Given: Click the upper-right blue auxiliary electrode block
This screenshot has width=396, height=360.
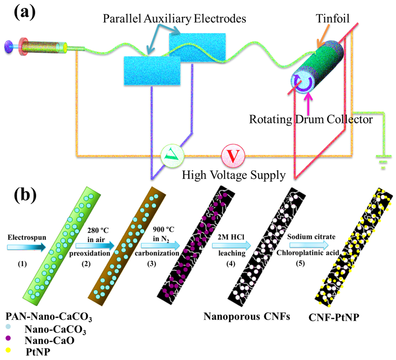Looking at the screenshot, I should coord(198,47).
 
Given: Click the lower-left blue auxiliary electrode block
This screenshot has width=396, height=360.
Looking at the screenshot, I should coord(152,71).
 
